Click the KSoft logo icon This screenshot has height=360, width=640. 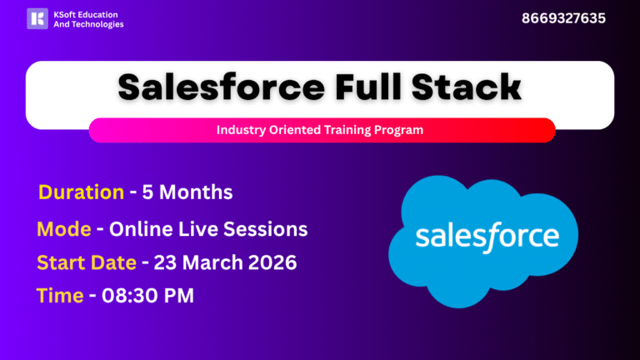coord(37,18)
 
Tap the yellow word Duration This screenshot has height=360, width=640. coord(81,192)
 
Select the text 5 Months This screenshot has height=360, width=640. coord(187,192)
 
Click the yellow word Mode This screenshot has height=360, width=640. coord(64,229)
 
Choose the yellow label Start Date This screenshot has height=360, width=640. coord(87,262)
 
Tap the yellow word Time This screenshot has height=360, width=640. coord(60,295)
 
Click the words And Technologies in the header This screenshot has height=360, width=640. coord(87,25)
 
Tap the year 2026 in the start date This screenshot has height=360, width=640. coord(273,262)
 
